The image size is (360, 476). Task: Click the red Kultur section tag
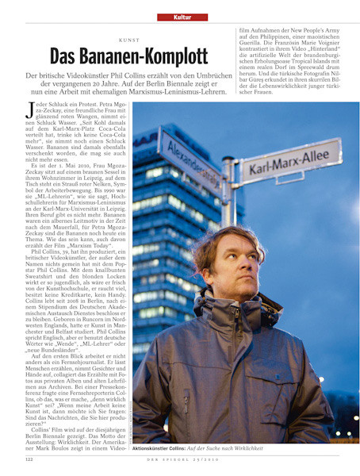click(x=179, y=17)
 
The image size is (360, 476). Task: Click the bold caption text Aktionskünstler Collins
click(x=166, y=448)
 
